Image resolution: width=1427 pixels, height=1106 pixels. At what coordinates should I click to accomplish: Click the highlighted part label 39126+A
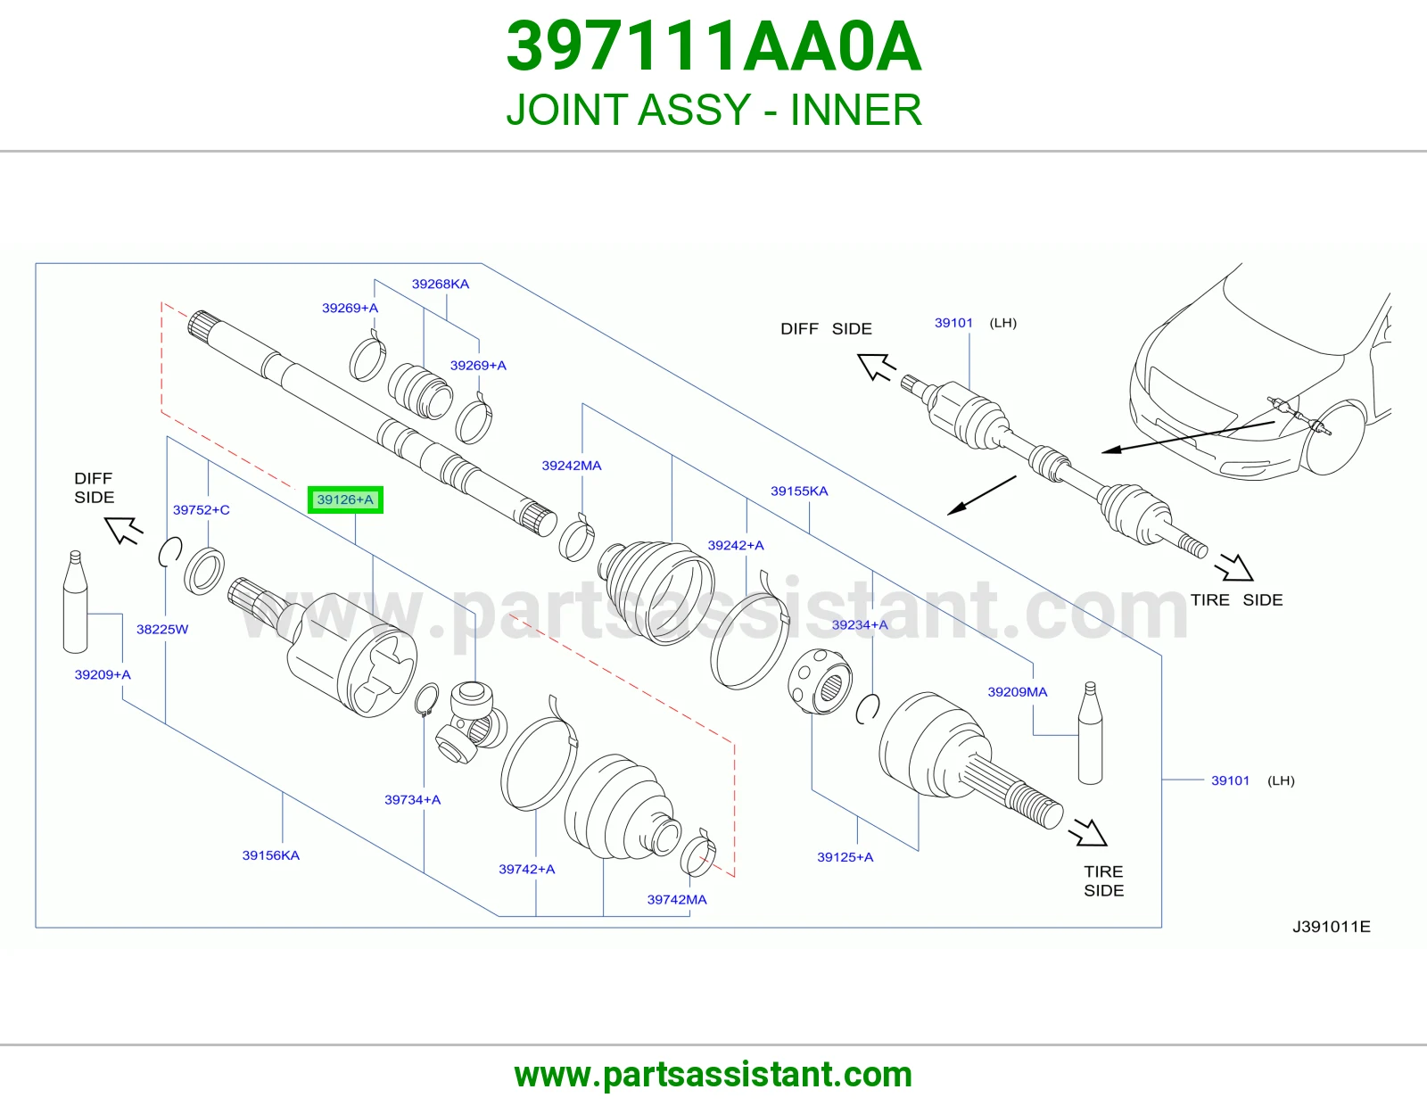point(345,499)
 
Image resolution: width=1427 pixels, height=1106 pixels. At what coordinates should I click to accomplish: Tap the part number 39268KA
point(440,284)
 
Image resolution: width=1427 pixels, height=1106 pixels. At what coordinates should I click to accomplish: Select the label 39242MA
point(572,466)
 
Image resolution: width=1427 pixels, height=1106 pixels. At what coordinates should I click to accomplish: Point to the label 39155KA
point(799,491)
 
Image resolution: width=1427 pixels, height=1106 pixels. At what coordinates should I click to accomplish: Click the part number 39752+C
point(201,509)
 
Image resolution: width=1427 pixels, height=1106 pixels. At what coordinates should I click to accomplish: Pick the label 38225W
point(162,629)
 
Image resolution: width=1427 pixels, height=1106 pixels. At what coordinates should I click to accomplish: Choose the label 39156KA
point(270,855)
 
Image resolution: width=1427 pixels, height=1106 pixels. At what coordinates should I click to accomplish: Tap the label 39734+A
point(412,799)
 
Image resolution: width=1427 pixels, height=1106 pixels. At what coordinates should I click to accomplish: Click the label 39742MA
point(677,899)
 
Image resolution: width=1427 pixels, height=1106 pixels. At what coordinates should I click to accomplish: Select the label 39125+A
point(845,856)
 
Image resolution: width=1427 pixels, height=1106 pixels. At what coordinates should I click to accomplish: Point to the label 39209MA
point(1018,691)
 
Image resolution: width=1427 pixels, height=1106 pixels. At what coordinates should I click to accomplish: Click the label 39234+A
point(860,624)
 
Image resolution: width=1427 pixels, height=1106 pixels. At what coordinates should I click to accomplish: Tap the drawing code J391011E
point(1331,927)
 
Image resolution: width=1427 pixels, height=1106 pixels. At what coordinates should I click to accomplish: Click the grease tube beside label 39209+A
point(75,602)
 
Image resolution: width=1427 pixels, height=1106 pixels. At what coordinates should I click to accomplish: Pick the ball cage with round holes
point(820,681)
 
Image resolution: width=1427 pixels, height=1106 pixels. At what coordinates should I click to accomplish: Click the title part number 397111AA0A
point(713,46)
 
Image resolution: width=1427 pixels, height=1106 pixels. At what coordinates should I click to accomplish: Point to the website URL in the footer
point(713,1075)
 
